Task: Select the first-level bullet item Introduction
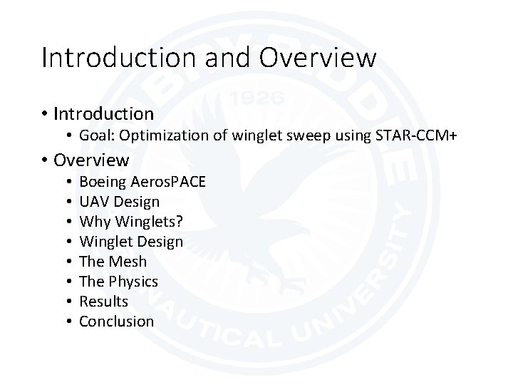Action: tap(103, 113)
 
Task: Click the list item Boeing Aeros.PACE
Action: tap(142, 182)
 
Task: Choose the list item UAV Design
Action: tap(119, 202)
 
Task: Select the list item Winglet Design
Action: tap(131, 242)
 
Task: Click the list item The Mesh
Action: tap(113, 262)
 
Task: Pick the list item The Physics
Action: tap(118, 282)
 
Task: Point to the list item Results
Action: tap(103, 302)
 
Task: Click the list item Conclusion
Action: tap(116, 322)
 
